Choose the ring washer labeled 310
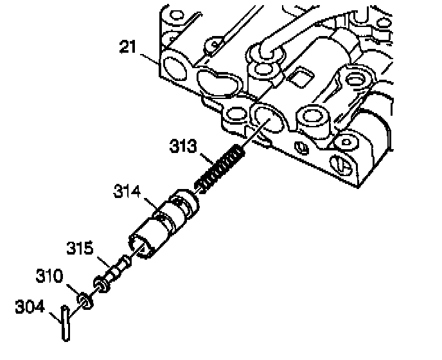coord(84,299)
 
